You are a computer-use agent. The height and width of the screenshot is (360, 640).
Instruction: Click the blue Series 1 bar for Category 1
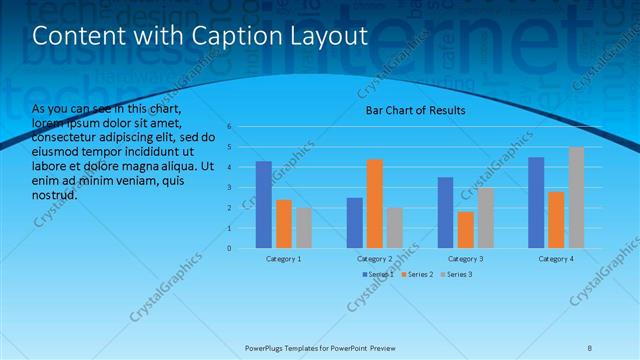[264, 204]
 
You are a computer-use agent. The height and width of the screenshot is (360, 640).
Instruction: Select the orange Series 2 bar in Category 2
[375, 203]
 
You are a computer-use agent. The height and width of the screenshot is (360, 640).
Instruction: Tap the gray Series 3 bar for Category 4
[576, 197]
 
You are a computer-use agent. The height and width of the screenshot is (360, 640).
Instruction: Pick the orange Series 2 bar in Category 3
[466, 229]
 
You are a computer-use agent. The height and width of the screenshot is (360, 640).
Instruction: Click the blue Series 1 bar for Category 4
[536, 202]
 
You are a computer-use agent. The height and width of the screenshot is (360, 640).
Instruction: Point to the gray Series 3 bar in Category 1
[304, 227]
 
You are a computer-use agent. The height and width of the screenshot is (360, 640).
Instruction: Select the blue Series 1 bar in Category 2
[355, 222]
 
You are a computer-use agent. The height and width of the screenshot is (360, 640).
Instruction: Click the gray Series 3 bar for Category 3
[486, 217]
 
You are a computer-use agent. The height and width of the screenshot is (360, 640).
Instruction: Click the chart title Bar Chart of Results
[414, 110]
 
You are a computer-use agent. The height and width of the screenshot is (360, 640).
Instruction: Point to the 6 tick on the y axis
[229, 127]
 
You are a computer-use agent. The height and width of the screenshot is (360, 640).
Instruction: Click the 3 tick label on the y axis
[229, 187]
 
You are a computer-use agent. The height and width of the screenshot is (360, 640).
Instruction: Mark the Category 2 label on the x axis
[375, 259]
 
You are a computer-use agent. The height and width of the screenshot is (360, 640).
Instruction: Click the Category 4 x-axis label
[556, 259]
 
